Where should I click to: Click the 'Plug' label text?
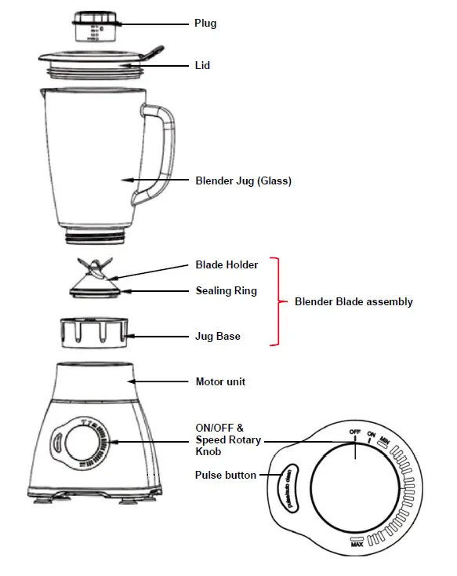(205, 24)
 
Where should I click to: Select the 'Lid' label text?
(202, 67)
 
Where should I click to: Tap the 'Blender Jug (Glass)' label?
(243, 180)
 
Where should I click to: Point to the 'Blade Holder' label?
(227, 265)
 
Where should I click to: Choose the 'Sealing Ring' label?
(226, 291)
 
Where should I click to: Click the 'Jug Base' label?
(217, 336)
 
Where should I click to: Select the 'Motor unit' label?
(220, 382)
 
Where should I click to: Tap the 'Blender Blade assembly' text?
(354, 301)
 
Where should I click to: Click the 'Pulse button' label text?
(226, 475)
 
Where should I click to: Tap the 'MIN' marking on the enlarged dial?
(385, 443)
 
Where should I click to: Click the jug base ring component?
(93, 333)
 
